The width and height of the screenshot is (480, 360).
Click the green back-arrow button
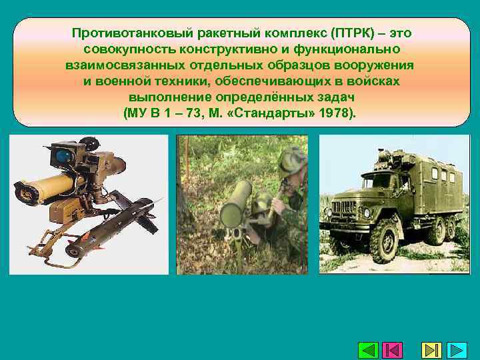click(368, 350)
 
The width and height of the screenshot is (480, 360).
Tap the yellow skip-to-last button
click(431, 350)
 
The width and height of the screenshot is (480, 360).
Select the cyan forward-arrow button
click(457, 350)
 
